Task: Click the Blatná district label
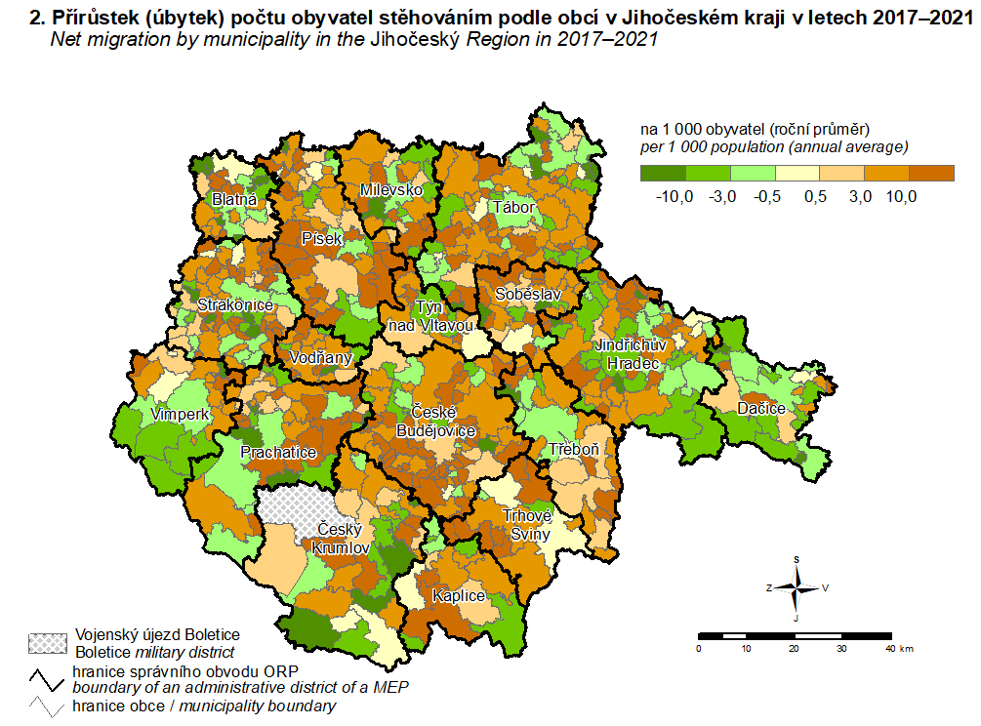click(234, 201)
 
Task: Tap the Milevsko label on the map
click(391, 189)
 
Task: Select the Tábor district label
click(512, 208)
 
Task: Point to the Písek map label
click(322, 238)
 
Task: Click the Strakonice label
click(235, 305)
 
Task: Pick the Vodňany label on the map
click(320, 358)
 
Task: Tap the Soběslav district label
click(526, 294)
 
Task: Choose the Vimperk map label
click(181, 415)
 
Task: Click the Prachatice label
click(279, 453)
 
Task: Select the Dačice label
click(761, 408)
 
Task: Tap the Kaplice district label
click(460, 595)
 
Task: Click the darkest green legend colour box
click(662, 173)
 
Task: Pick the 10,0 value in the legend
click(900, 198)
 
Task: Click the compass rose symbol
click(797, 587)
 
